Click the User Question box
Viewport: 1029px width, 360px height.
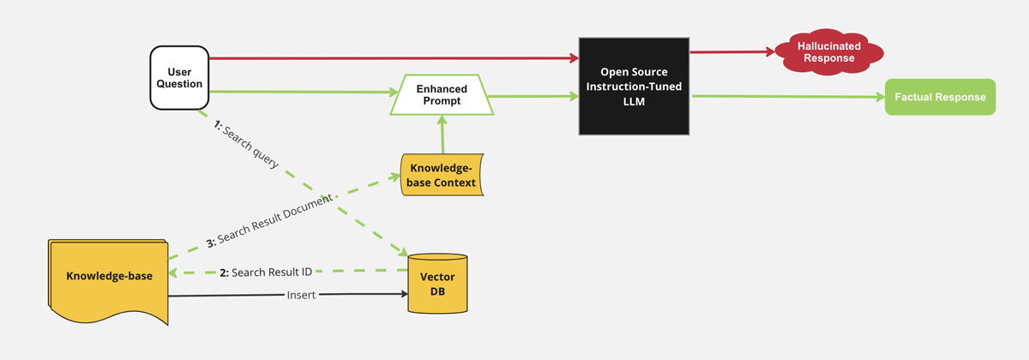179,78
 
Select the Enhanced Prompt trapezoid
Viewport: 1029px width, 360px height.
442,94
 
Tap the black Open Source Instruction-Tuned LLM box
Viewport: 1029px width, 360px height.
634,87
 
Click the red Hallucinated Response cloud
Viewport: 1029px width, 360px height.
828,52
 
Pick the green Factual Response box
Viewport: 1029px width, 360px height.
941,97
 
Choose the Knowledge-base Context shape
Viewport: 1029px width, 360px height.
442,175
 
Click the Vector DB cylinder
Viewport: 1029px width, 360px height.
437,284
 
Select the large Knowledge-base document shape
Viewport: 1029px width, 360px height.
108,281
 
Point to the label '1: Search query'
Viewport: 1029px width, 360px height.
246,145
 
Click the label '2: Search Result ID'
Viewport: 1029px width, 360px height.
266,273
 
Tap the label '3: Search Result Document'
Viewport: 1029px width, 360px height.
269,221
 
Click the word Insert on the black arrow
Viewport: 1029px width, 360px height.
301,295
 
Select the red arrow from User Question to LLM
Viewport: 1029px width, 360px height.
394,58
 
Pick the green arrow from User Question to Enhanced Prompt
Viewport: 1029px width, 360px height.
304,92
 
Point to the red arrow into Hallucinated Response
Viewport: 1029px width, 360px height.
732,52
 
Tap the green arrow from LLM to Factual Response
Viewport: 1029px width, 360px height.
788,96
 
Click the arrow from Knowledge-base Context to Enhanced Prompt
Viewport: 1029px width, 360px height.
442,134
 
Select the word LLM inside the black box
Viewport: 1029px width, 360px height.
634,101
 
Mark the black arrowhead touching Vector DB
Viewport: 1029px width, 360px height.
404,294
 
